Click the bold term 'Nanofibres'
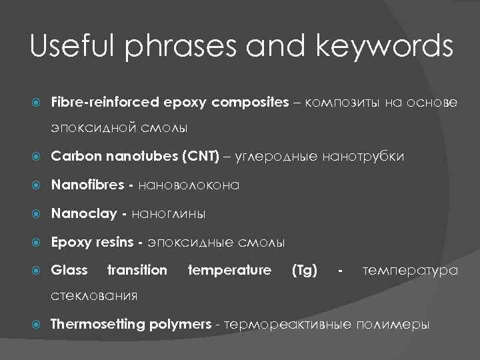[83, 185]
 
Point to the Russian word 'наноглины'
[169, 213]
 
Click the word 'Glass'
[69, 270]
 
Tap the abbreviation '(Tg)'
[304, 270]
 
